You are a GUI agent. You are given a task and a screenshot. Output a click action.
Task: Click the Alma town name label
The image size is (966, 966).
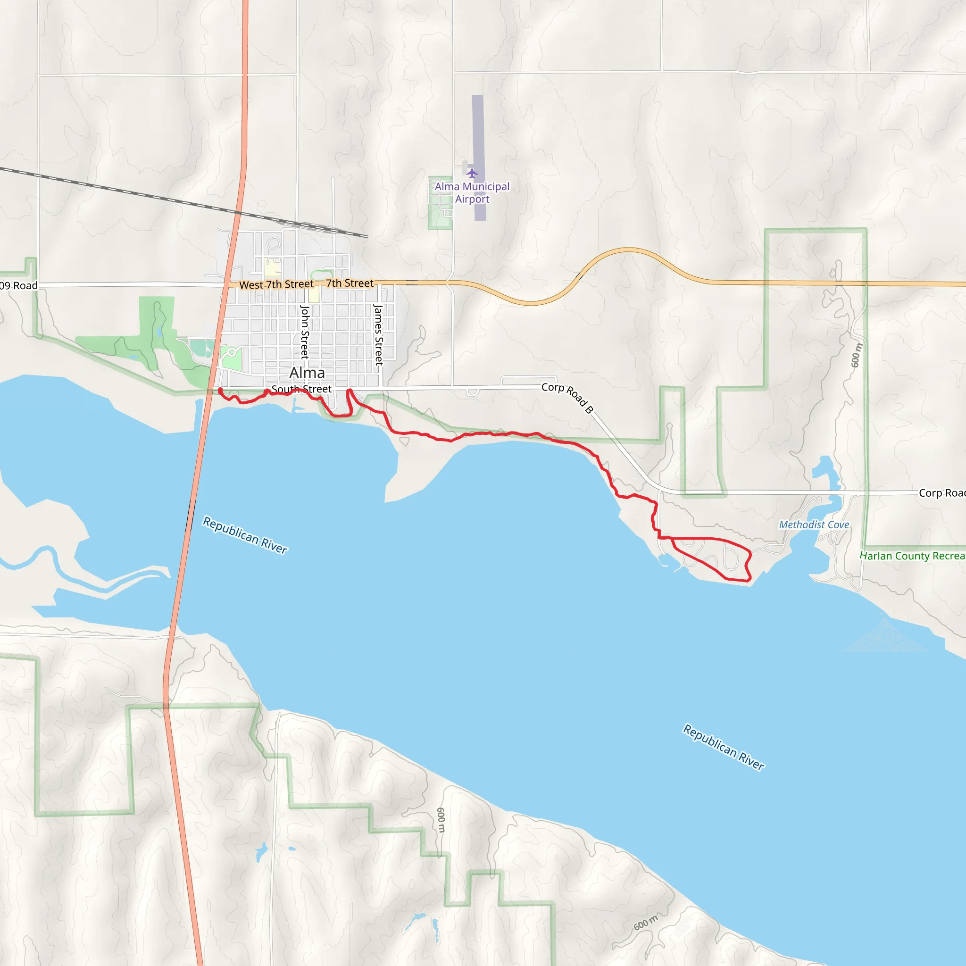pyautogui.click(x=307, y=373)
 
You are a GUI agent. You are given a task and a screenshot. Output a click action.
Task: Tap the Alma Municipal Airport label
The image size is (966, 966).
pyautogui.click(x=472, y=192)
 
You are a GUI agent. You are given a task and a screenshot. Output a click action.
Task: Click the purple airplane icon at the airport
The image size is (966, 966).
pyautogui.click(x=472, y=174)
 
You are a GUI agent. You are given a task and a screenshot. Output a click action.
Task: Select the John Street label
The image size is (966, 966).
pyautogui.click(x=305, y=332)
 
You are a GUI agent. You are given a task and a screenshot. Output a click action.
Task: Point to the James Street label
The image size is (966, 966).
pyautogui.click(x=378, y=334)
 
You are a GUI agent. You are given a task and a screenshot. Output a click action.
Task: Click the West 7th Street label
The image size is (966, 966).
pyautogui.click(x=276, y=284)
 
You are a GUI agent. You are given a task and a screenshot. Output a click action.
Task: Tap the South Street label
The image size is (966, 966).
pyautogui.click(x=301, y=389)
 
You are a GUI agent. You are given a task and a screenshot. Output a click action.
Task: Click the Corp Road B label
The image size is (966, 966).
pyautogui.click(x=567, y=398)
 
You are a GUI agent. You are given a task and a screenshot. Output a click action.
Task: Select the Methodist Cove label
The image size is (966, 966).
pyautogui.click(x=814, y=525)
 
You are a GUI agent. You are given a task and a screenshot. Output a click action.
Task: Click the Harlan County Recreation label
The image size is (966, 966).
pyautogui.click(x=912, y=556)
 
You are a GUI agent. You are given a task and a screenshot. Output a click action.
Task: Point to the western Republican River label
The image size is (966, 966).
pyautogui.click(x=245, y=535)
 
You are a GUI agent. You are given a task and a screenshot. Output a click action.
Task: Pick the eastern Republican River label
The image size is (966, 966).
pyautogui.click(x=724, y=747)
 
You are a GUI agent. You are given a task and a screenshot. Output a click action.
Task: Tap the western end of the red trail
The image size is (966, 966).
pyautogui.click(x=220, y=391)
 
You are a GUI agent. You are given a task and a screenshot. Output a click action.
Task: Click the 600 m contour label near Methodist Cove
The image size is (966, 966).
pyautogui.click(x=857, y=355)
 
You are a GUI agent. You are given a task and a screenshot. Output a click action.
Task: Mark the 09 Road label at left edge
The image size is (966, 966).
pyautogui.click(x=18, y=285)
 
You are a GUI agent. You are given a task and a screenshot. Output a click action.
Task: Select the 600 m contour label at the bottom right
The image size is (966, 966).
pyautogui.click(x=646, y=923)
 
